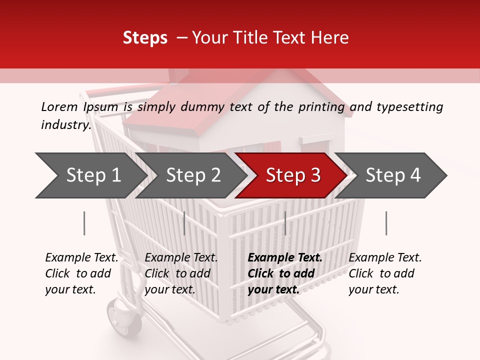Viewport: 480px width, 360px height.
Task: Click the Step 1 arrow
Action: click(x=90, y=175)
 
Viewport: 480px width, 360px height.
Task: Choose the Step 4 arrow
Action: click(x=392, y=175)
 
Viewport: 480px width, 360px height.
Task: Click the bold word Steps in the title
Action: click(x=145, y=37)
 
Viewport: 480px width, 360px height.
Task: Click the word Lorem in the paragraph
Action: click(x=59, y=106)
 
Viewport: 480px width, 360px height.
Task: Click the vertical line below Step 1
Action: click(x=84, y=223)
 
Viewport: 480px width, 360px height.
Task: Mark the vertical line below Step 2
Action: click(x=184, y=223)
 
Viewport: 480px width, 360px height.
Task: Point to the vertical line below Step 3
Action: click(x=285, y=223)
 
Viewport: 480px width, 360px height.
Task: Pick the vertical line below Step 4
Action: click(x=386, y=223)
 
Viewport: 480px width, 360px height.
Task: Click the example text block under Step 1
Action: click(x=81, y=273)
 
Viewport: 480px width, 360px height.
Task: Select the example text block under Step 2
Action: click(x=181, y=273)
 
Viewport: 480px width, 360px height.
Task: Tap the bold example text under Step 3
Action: click(x=285, y=273)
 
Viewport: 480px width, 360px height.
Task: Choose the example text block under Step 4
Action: click(x=385, y=273)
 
